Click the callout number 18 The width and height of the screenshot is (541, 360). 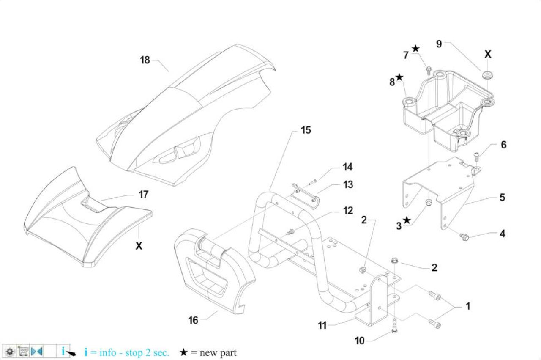click(x=145, y=60)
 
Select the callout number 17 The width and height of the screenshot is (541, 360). click(x=143, y=195)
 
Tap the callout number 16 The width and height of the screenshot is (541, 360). click(x=193, y=320)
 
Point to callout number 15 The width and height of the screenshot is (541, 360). click(x=306, y=130)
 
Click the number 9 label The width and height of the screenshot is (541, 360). click(x=439, y=44)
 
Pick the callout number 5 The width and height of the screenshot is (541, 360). click(x=503, y=197)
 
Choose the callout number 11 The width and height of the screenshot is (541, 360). click(x=322, y=325)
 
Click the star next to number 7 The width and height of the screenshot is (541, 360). click(x=415, y=49)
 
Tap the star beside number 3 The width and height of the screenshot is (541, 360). click(x=407, y=220)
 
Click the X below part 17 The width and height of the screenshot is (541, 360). click(x=139, y=246)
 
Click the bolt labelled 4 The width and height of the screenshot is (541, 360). click(x=464, y=237)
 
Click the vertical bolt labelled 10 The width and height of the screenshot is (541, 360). click(x=394, y=326)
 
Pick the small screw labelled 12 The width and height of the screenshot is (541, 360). click(x=290, y=232)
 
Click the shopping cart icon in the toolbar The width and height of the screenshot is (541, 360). click(x=23, y=351)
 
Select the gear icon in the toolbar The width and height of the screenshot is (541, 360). click(x=10, y=351)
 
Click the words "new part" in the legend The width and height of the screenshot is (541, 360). click(x=218, y=353)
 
